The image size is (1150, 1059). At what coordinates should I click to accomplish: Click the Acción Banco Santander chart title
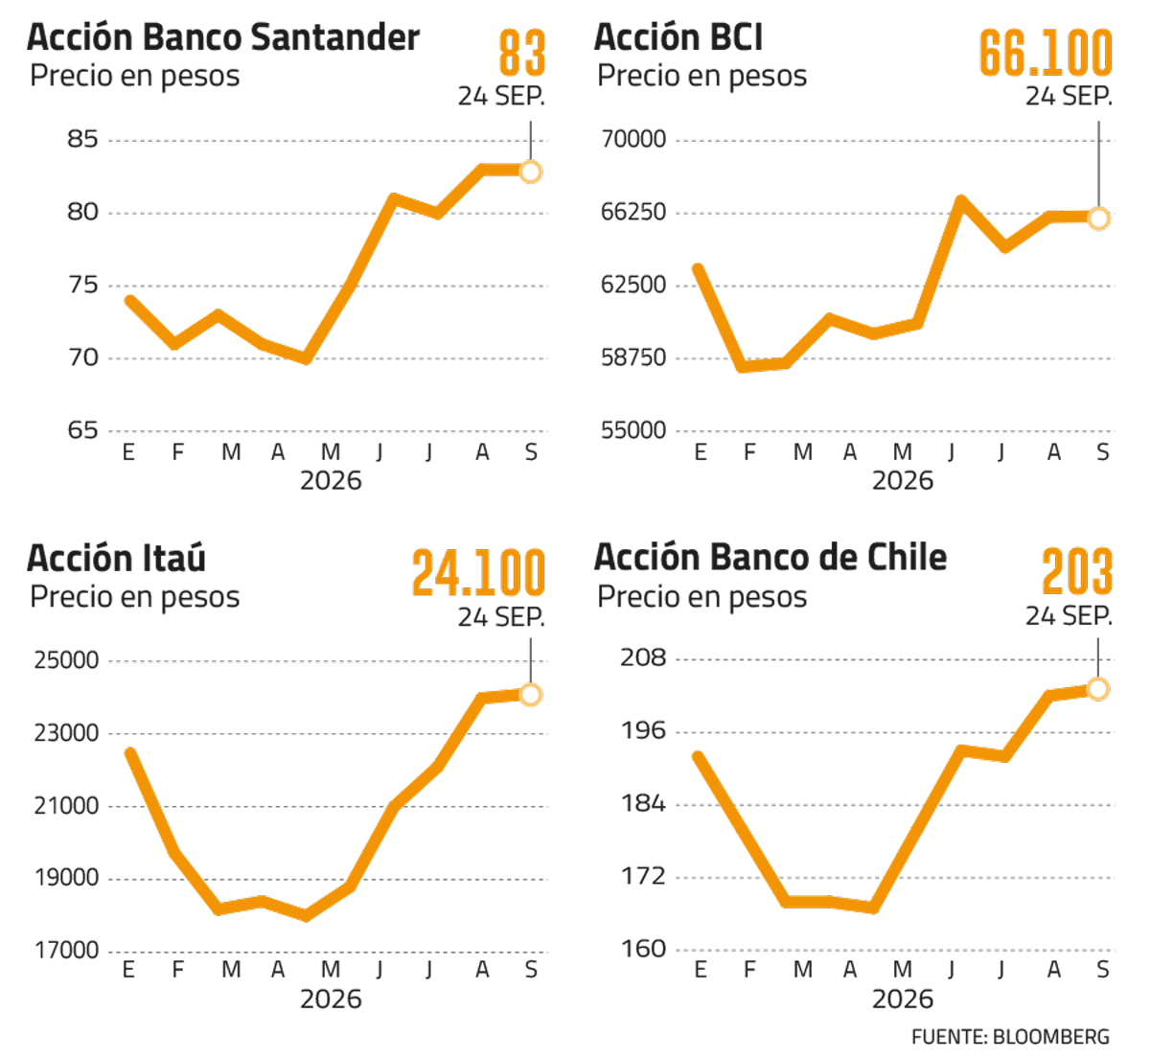(223, 37)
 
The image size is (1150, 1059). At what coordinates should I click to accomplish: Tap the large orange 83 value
(521, 53)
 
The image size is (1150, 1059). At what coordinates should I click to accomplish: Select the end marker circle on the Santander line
(530, 172)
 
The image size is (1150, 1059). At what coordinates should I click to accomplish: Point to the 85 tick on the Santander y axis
(82, 139)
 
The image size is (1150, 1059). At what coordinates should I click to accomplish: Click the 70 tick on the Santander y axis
(82, 357)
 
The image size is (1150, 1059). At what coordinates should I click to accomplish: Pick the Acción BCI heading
(678, 37)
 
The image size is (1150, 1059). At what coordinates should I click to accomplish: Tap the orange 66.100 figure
(1046, 53)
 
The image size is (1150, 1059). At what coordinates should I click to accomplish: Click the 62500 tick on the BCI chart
(633, 285)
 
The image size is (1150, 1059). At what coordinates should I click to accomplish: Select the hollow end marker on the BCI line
(1098, 218)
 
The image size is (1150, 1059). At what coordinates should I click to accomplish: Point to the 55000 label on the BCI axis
(633, 430)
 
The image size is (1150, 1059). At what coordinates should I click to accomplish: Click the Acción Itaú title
(116, 558)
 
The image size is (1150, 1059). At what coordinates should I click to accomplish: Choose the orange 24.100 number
(478, 572)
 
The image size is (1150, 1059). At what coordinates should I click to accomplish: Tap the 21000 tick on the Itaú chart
(66, 806)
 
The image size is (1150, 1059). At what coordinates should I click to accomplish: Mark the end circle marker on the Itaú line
(530, 695)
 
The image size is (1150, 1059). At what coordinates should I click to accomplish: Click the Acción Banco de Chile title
(770, 558)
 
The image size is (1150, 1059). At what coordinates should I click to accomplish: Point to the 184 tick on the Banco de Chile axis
(643, 804)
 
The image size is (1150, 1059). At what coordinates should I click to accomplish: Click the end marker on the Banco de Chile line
(1098, 689)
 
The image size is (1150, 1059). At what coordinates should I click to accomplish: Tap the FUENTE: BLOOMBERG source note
(1010, 1037)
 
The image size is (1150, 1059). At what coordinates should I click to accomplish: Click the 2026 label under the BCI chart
(903, 480)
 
